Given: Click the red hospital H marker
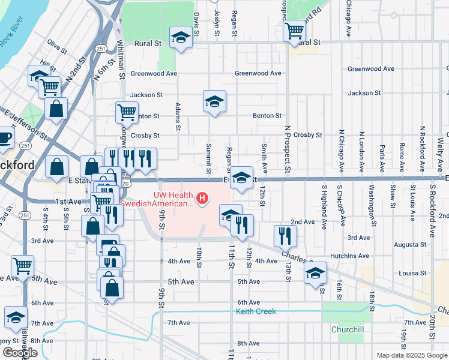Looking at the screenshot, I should click(203, 197).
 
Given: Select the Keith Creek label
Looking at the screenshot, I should click(256, 311).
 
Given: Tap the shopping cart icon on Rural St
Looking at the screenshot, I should click(294, 31).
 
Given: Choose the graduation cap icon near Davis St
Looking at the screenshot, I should click(179, 38).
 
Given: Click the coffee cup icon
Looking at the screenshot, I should click(4, 138).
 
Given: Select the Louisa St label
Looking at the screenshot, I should click(412, 272).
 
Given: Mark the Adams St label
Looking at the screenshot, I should click(178, 116).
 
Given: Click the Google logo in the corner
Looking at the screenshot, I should click(20, 352).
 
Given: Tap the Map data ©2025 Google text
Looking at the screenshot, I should click(411, 355).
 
